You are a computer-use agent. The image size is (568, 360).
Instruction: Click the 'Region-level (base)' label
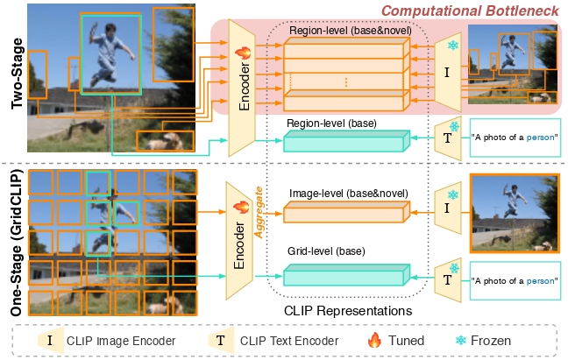click(332, 124)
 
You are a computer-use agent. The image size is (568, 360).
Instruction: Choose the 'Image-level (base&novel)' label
click(345, 193)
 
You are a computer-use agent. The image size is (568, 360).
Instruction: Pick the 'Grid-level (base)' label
click(329, 251)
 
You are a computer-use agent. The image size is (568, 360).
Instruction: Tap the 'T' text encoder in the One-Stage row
click(447, 280)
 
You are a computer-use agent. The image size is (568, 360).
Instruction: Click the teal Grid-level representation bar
click(347, 277)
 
